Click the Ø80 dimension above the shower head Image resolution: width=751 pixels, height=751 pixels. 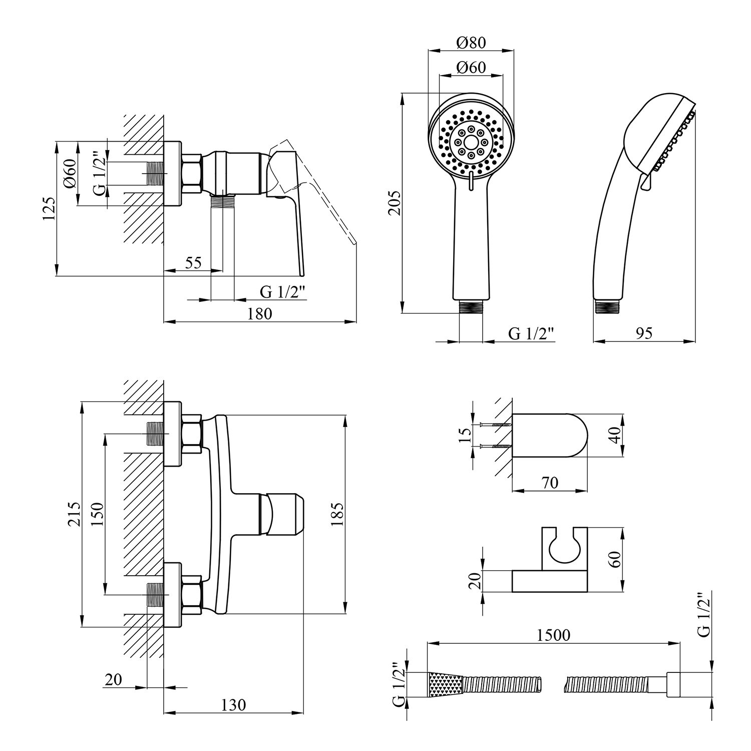pyautogui.click(x=471, y=43)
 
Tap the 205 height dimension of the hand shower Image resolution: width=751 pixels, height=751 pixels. pyautogui.click(x=395, y=202)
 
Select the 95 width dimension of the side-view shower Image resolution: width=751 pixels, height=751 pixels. pyautogui.click(x=644, y=333)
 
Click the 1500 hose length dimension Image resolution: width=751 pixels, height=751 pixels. pyautogui.click(x=553, y=635)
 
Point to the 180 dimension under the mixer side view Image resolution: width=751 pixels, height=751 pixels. pyautogui.click(x=260, y=313)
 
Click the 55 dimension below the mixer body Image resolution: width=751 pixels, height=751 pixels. pyautogui.click(x=193, y=262)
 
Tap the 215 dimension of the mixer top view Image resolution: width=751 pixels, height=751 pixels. pyautogui.click(x=74, y=514)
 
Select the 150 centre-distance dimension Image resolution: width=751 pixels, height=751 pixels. pyautogui.click(x=97, y=514)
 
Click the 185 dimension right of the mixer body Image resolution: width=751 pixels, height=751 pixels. pyautogui.click(x=336, y=514)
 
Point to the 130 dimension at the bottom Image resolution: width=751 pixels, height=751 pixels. pyautogui.click(x=234, y=704)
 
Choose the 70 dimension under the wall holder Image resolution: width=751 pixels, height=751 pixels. pyautogui.click(x=549, y=483)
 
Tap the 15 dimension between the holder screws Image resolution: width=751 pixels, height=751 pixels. pyautogui.click(x=465, y=435)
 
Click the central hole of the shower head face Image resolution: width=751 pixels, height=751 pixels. pyautogui.click(x=471, y=142)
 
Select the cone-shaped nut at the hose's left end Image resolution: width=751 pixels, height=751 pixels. pyautogui.click(x=445, y=684)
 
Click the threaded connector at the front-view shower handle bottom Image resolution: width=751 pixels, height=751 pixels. pyautogui.click(x=471, y=306)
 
